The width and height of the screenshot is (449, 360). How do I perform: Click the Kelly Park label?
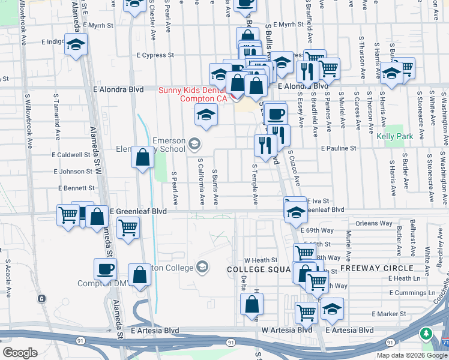click(394, 136)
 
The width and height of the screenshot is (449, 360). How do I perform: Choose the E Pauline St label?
click(339, 148)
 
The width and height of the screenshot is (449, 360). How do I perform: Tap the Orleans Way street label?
click(373, 223)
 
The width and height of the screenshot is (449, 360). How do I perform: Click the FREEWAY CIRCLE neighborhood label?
click(376, 268)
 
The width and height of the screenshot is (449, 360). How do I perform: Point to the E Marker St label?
click(389, 314)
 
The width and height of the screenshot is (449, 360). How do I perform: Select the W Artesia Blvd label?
click(287, 330)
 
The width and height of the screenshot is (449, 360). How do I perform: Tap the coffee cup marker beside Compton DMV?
click(106, 269)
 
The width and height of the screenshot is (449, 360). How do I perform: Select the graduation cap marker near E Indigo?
click(76, 44)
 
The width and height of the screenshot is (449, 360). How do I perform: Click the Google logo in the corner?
click(20, 353)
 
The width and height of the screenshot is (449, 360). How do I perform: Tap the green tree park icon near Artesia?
click(427, 333)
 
